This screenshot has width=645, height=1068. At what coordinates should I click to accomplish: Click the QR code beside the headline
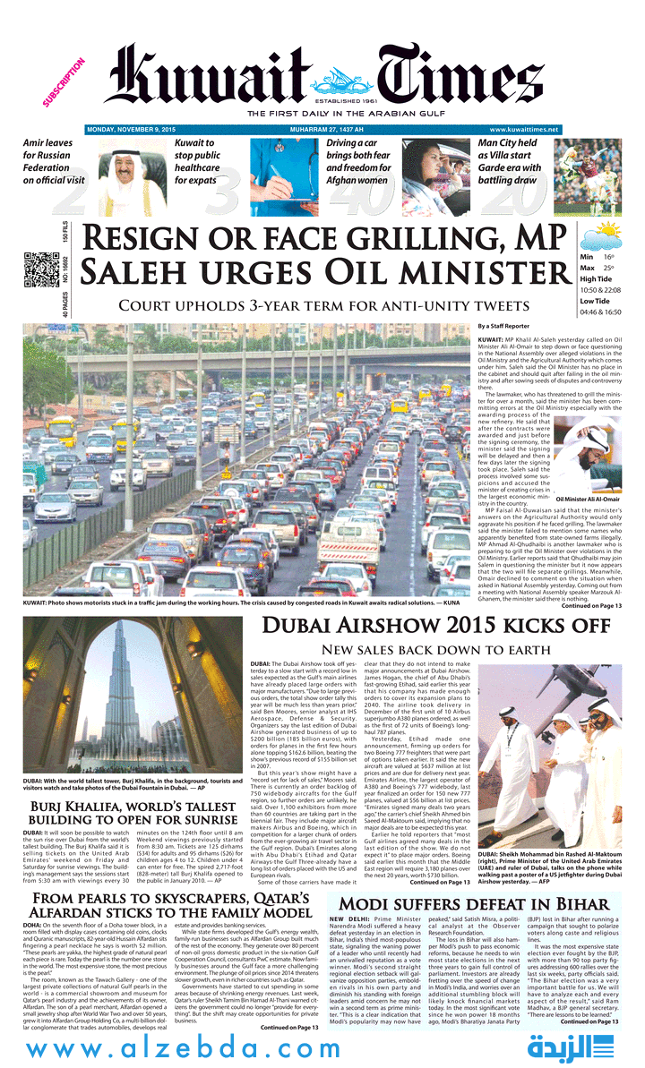coord(37,269)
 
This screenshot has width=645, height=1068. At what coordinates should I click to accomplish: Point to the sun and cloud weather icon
coord(599,236)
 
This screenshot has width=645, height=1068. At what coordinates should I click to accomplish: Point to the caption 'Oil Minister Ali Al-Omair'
coord(587,499)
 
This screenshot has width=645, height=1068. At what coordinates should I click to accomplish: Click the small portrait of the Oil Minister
coord(587,457)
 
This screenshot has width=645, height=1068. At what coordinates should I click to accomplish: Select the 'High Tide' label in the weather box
coord(583,279)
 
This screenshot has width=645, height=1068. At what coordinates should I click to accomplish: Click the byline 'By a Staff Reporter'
coord(503,327)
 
